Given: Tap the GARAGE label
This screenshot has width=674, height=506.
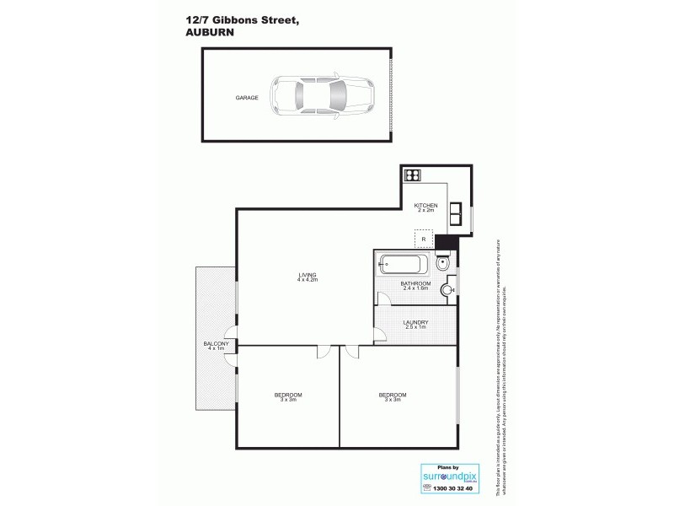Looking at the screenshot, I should click(x=247, y=99).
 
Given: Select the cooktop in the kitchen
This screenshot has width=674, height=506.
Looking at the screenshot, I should click(x=413, y=175).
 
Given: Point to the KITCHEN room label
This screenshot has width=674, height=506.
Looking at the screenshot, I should click(x=425, y=206).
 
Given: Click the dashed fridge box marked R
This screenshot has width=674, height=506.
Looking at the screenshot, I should click(x=423, y=239).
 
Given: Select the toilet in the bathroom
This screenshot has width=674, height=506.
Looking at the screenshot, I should click(x=446, y=263).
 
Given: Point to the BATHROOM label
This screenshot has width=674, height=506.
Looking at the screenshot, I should click(x=415, y=283).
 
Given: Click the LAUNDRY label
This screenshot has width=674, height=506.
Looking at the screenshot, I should click(x=415, y=321).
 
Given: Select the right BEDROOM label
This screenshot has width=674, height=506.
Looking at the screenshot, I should click(x=392, y=395).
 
